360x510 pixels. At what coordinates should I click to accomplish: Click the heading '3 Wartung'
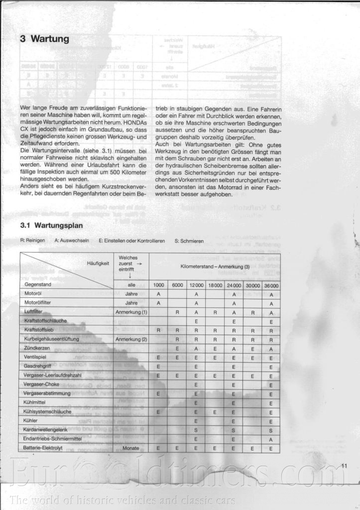(x=44, y=39)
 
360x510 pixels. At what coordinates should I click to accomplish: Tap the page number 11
(x=344, y=466)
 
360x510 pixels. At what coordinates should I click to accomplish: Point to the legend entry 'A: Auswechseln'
(x=72, y=240)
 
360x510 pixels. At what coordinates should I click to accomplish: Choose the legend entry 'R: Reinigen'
(x=32, y=240)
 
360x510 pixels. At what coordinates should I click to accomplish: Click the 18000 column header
(x=215, y=285)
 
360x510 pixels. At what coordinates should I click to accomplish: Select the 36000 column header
(x=271, y=285)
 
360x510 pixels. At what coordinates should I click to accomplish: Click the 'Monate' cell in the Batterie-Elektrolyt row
(x=131, y=448)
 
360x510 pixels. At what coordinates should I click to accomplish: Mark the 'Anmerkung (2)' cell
(x=131, y=339)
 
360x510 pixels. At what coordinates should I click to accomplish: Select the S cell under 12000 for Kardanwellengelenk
(x=197, y=429)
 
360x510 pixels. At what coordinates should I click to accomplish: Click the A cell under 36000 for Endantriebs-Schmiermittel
(x=271, y=439)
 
